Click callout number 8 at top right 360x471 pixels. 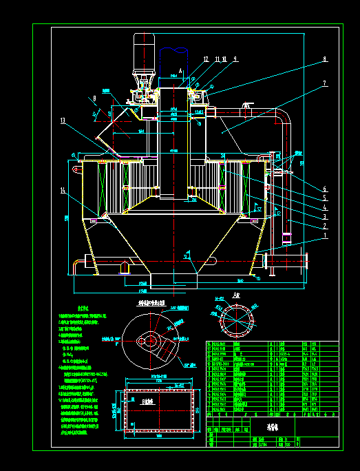324,60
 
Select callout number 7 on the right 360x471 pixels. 324,83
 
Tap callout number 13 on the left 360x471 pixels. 63,121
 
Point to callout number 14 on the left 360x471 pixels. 63,189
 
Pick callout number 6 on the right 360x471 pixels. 324,188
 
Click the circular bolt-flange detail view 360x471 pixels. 235,321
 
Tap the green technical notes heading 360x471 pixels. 84,308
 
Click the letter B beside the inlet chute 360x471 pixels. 94,99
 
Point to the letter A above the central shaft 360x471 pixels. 180,70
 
